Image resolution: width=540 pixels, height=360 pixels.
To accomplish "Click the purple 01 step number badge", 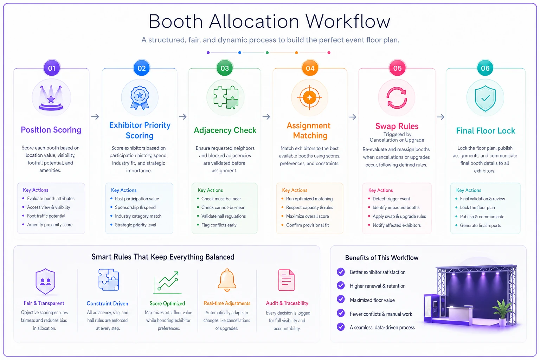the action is point(52,68).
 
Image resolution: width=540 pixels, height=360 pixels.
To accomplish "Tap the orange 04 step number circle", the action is point(310,68).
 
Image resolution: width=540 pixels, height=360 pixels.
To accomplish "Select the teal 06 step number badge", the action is point(485,68).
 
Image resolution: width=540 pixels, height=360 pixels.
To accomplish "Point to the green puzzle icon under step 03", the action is point(226,97).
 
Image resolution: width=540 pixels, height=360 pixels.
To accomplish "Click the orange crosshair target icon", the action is point(309,97).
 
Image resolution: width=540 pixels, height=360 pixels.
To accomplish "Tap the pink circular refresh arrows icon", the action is point(397,98).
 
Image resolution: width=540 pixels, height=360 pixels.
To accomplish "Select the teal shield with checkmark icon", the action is point(485,98).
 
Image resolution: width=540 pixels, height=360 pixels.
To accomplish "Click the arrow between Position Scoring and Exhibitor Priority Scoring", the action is point(95,117).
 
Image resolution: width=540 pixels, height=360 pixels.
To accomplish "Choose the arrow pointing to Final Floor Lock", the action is point(441,117).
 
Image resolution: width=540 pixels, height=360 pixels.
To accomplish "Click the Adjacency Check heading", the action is point(225,130).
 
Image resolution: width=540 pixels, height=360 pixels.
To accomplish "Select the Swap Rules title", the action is point(397,126).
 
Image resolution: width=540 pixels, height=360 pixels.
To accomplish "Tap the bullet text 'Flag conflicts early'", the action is point(219,225).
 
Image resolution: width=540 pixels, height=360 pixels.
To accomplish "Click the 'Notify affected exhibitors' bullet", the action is point(397,225).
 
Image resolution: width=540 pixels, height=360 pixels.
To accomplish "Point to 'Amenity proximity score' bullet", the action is point(50,225).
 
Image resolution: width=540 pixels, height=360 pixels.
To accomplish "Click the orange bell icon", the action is point(227,280).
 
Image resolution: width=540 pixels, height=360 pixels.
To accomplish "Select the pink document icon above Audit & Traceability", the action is point(287,280).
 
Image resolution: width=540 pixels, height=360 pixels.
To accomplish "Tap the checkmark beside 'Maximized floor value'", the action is point(341,299).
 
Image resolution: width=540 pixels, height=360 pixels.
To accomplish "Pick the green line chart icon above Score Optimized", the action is point(167,283).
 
